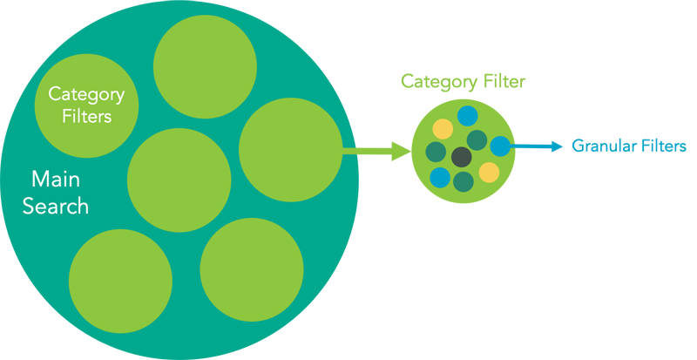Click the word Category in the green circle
coord(86,94)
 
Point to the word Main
coord(56,180)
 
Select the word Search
coord(56,207)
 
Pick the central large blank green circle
coord(179,180)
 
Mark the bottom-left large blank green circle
coord(120,268)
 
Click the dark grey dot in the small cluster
coord(461,157)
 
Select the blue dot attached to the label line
coord(500,146)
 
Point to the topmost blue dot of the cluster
coord(468,115)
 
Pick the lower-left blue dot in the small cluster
coord(440,178)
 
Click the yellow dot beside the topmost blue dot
coord(443,129)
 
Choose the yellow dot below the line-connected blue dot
coord(489,172)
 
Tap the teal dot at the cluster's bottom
coord(464,181)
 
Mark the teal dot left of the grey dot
coord(436,153)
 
